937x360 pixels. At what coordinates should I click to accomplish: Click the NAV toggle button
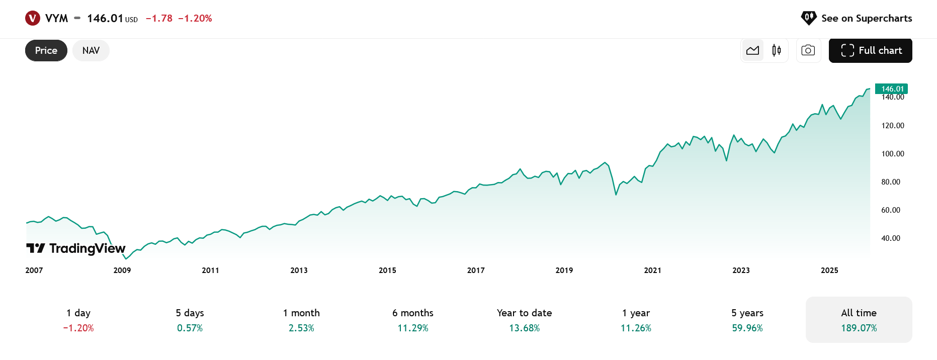pyautogui.click(x=91, y=51)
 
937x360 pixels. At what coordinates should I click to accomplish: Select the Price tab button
pyautogui.click(x=46, y=51)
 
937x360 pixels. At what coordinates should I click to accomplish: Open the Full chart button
pyautogui.click(x=870, y=51)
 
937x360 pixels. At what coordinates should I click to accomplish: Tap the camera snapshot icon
pyautogui.click(x=808, y=51)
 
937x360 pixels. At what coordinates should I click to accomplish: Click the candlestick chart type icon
pyautogui.click(x=777, y=51)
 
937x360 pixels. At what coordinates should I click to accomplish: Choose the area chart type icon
pyautogui.click(x=753, y=51)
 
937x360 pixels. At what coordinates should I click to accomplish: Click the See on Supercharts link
pyautogui.click(x=857, y=19)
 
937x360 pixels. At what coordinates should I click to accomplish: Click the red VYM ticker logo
pyautogui.click(x=33, y=19)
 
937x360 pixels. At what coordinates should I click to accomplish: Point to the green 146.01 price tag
pyautogui.click(x=892, y=89)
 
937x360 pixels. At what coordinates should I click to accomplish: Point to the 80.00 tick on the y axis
pyautogui.click(x=890, y=182)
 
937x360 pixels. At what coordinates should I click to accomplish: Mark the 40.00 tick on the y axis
pyautogui.click(x=890, y=238)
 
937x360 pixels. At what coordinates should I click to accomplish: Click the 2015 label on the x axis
pyautogui.click(x=387, y=271)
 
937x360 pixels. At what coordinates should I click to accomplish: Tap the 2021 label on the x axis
pyautogui.click(x=652, y=271)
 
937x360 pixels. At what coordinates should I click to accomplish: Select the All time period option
pyautogui.click(x=859, y=320)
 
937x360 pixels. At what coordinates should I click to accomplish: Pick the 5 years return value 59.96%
pyautogui.click(x=747, y=328)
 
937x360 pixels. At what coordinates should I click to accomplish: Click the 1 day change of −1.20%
pyautogui.click(x=78, y=328)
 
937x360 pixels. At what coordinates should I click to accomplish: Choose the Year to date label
pyautogui.click(x=524, y=313)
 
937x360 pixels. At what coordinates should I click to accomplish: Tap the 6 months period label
pyautogui.click(x=413, y=313)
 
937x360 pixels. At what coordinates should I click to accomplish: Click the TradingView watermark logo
pyautogui.click(x=76, y=248)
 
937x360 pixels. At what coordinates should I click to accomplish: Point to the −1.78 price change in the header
pyautogui.click(x=159, y=19)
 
